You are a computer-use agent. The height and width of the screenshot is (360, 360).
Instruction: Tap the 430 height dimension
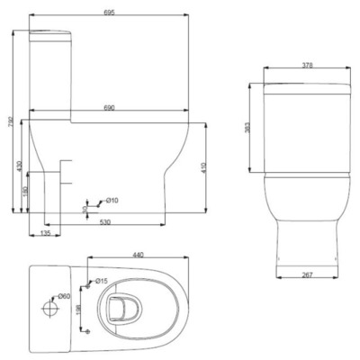pyautogui.click(x=18, y=167)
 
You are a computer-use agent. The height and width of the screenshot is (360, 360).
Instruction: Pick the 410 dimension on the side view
pyautogui.click(x=205, y=167)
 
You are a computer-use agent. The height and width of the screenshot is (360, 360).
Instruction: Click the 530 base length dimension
pyautogui.click(x=105, y=221)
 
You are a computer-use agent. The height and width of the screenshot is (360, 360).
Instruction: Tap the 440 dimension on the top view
pyautogui.click(x=138, y=256)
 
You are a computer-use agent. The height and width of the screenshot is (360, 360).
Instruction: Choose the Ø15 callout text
pyautogui.click(x=102, y=281)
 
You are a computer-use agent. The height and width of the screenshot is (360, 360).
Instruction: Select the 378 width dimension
pyautogui.click(x=309, y=66)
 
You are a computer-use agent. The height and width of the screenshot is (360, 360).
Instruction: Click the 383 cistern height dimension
pyautogui.click(x=248, y=128)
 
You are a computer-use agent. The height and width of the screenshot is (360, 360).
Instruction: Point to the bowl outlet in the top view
pyautogui.click(x=116, y=310)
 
